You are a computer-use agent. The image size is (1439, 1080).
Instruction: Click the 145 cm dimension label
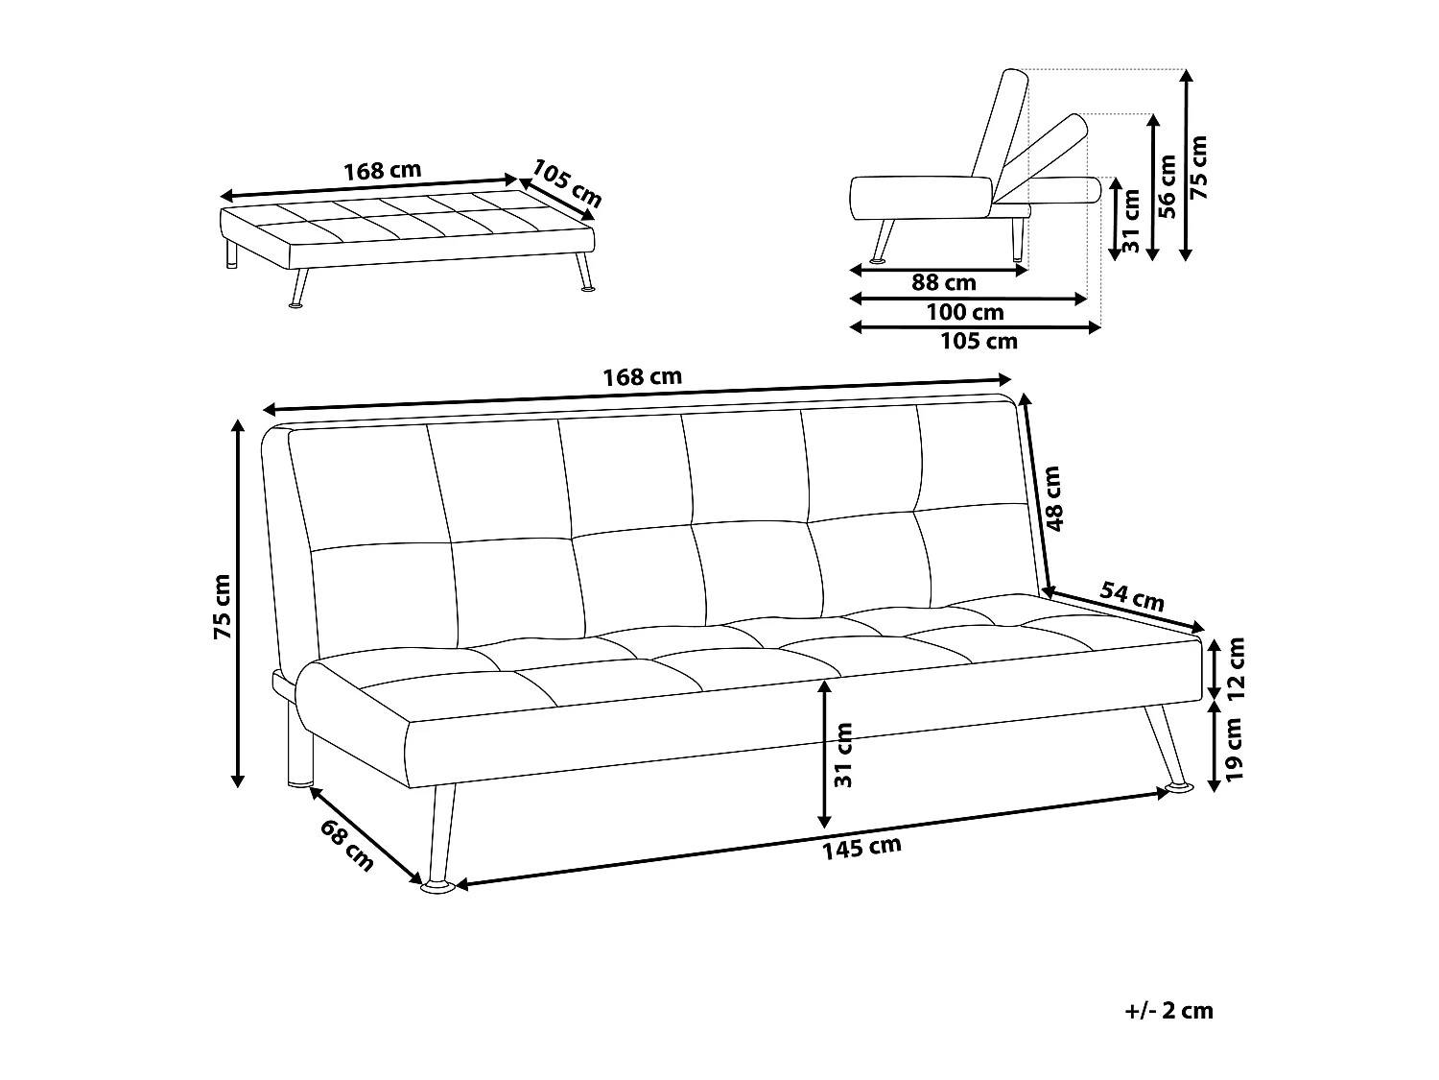coord(861,846)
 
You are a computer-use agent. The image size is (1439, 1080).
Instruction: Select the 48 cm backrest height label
coord(1054,499)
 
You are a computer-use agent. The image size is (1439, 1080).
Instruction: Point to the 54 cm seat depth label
coord(1131,597)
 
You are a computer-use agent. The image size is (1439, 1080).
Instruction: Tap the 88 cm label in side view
coord(943,282)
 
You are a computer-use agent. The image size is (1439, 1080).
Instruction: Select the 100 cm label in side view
coord(965,312)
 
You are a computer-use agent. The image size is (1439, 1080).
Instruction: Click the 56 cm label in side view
coord(1167,187)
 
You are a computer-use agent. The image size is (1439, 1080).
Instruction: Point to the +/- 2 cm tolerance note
coord(1168,1010)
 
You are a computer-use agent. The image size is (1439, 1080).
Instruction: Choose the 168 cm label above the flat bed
coord(382,171)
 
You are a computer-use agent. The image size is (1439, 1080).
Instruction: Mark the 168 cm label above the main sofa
coord(642,376)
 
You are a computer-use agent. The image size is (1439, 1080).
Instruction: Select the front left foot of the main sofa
coord(439,887)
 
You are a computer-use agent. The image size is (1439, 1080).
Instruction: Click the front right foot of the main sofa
coord(1179,788)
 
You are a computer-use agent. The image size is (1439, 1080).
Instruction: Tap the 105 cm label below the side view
coord(979,341)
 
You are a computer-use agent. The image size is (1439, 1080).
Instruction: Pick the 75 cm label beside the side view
coord(1199,166)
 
